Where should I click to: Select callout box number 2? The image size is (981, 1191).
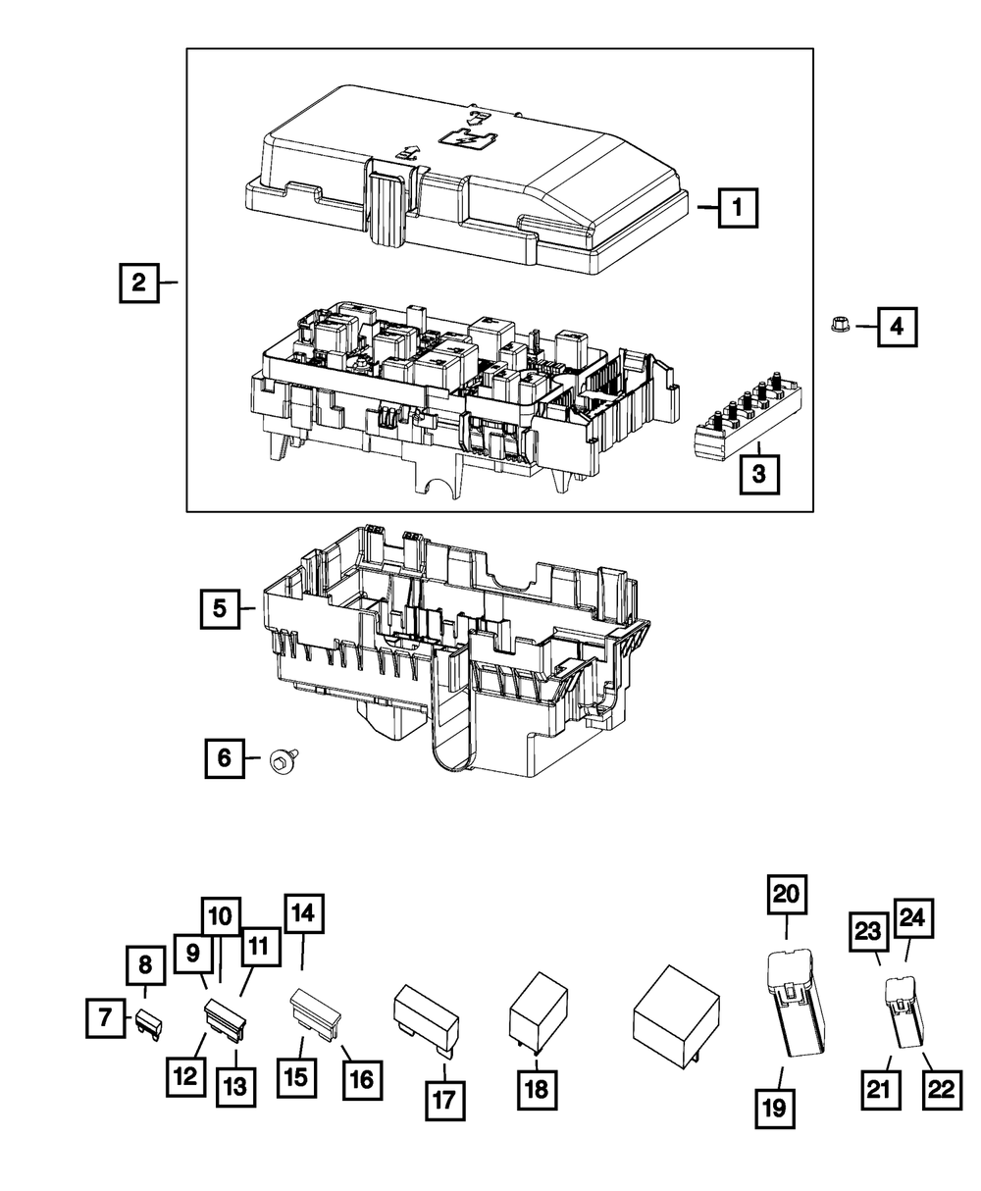click(139, 283)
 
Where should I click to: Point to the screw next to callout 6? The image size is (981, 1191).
click(281, 758)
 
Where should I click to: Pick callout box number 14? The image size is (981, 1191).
click(303, 914)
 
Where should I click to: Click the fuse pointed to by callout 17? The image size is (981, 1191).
click(425, 1015)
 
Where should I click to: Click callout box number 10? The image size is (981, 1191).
click(222, 917)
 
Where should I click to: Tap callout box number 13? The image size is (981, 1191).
click(236, 1086)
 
